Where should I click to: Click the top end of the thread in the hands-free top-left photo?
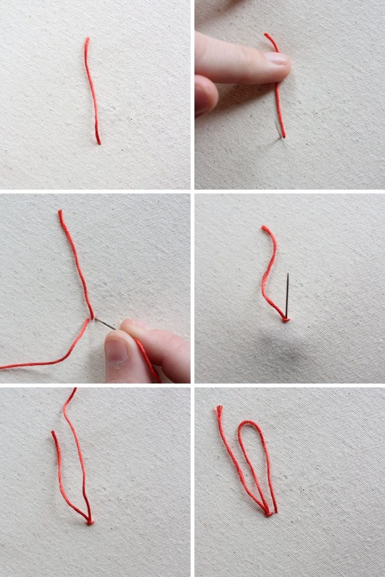point(87,39)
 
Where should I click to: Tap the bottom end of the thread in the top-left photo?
point(99,143)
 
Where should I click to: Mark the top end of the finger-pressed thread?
point(266,35)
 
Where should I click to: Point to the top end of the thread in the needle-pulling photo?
point(60,212)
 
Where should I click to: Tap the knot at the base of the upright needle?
point(285,319)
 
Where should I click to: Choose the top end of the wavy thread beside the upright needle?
point(264,227)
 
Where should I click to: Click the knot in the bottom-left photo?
point(90,521)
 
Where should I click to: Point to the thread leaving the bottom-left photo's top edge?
point(74,391)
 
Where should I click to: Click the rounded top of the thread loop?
point(250,423)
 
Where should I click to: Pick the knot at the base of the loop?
point(268,513)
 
